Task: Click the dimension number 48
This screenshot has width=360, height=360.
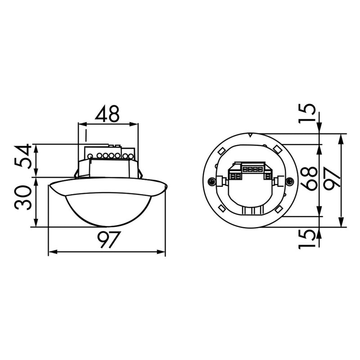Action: coord(108,113)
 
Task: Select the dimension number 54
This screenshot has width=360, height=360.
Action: coord(22,157)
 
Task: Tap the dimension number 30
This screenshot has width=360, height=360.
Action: coord(22,198)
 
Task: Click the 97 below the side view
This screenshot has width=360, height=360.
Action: coord(108,240)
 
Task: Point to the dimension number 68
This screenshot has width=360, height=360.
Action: coord(309,178)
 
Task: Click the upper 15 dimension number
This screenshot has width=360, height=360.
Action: coord(306,114)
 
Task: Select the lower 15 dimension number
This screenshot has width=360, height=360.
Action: coord(306,239)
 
